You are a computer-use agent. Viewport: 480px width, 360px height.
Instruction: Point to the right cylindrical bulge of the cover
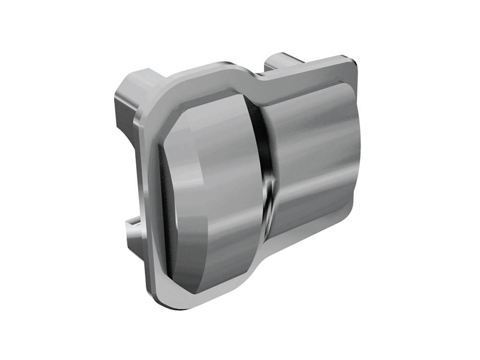coord(312,156)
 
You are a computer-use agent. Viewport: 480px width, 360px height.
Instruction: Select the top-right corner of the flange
coord(354,63)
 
